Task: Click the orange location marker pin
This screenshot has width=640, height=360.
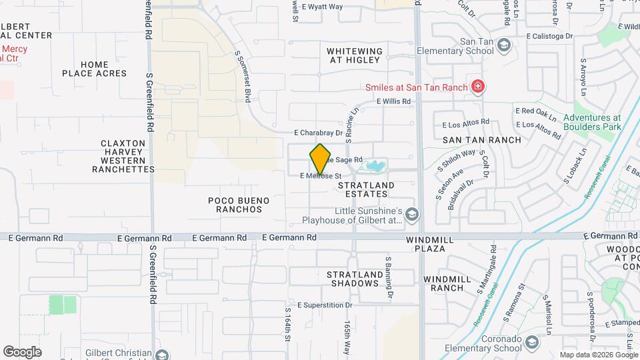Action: pyautogui.click(x=321, y=159)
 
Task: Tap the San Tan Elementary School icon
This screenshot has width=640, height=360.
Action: pyautogui.click(x=505, y=45)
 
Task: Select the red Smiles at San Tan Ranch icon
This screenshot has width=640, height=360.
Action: pyautogui.click(x=477, y=86)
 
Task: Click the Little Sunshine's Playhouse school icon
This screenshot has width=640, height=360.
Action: pyautogui.click(x=413, y=214)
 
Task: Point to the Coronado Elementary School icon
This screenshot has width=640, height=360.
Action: pyautogui.click(x=531, y=343)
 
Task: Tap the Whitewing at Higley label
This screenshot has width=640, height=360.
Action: pyautogui.click(x=355, y=55)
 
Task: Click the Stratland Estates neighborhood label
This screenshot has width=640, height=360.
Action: pyautogui.click(x=363, y=189)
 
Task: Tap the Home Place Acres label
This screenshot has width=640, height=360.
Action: pyautogui.click(x=95, y=69)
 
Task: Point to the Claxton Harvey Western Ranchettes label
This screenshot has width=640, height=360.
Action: pyautogui.click(x=123, y=156)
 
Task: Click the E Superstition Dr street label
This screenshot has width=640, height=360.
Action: pyautogui.click(x=325, y=305)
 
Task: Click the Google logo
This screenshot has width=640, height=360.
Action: pyautogui.click(x=22, y=352)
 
